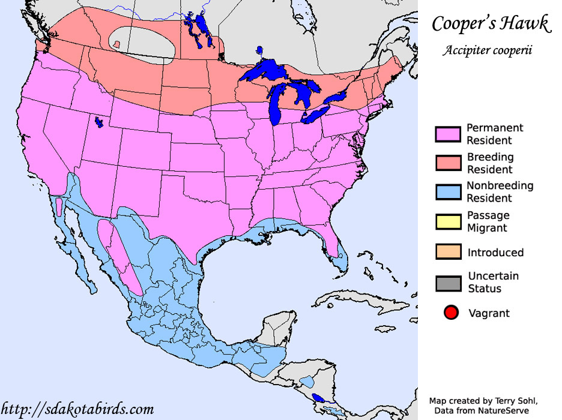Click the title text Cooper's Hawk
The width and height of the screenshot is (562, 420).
491,24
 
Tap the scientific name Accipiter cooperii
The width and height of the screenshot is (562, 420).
488,50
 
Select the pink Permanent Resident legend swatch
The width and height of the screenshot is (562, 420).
448,134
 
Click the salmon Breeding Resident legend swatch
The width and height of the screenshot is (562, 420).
448,163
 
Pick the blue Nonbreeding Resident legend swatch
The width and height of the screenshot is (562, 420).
448,191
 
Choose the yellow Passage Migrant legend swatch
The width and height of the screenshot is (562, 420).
448,221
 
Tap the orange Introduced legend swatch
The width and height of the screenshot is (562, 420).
448,252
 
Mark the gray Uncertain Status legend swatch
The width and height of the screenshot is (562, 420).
448,283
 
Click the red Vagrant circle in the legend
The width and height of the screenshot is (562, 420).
451,313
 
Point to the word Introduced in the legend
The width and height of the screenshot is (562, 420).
495,253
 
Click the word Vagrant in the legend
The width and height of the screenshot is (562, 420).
489,313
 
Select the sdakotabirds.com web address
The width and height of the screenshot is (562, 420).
77,410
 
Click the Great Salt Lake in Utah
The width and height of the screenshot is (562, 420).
98,122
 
